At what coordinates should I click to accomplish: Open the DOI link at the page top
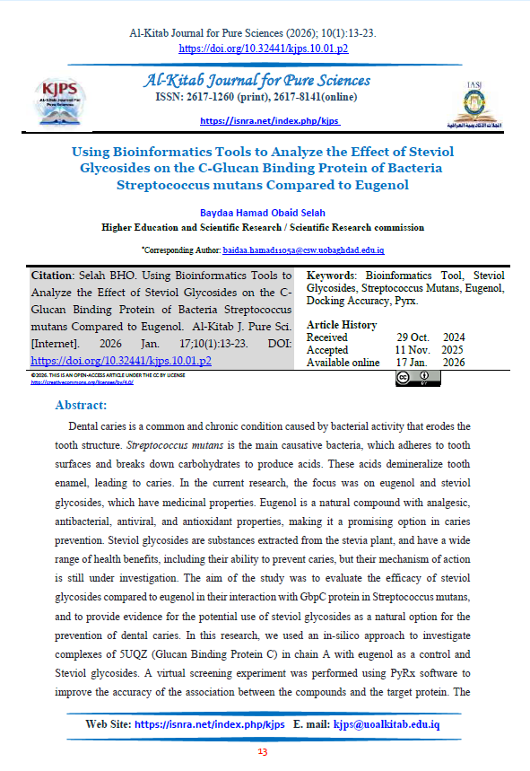click(x=264, y=48)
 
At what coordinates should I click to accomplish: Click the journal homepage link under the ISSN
click(x=270, y=120)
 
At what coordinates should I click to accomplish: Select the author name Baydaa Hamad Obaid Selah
click(x=263, y=212)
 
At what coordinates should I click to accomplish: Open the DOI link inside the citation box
click(x=121, y=361)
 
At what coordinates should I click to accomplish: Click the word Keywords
click(x=332, y=276)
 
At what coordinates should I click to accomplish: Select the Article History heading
click(x=342, y=325)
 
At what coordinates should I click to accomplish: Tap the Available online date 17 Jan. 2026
click(x=430, y=363)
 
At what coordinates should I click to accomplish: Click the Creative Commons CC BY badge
click(x=417, y=377)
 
